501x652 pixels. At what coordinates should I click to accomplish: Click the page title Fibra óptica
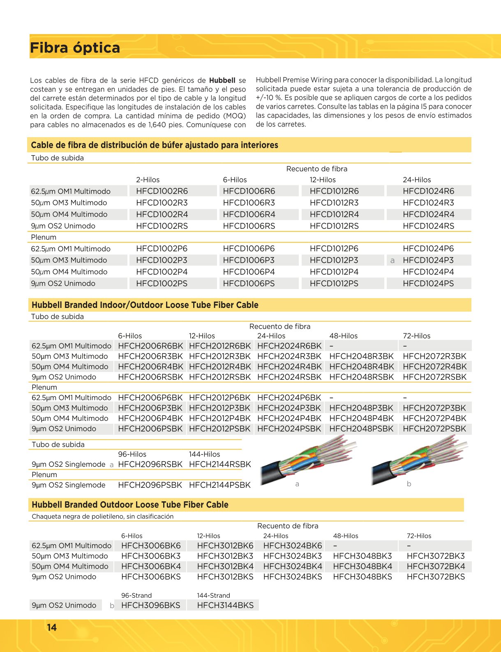(75, 48)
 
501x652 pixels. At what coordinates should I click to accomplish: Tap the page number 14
(52, 627)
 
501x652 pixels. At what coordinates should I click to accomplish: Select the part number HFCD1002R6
(162, 191)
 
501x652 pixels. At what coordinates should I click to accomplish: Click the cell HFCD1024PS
(428, 283)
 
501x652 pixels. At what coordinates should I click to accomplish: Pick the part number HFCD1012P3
(334, 260)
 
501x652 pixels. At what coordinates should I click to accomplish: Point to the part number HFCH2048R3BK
(361, 356)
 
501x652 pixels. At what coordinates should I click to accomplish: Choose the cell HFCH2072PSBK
(434, 429)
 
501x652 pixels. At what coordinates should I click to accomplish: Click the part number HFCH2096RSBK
(150, 464)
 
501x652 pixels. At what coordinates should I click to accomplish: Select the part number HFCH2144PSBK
(219, 485)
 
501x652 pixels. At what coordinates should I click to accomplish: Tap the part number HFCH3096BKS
(150, 605)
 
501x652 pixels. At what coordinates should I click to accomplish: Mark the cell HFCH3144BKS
(225, 605)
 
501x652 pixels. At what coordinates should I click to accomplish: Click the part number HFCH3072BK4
(436, 566)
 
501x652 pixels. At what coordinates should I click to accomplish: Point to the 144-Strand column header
(213, 595)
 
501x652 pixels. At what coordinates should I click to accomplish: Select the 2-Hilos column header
(148, 180)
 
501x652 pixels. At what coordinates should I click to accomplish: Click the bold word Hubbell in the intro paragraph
(222, 80)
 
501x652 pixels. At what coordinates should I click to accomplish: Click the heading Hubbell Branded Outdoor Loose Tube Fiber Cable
(130, 505)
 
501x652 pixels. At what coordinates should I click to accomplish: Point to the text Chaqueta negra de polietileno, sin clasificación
(103, 517)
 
